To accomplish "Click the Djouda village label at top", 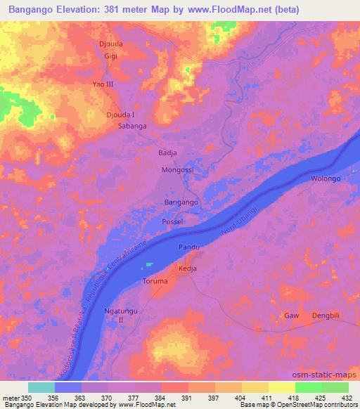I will [x=111, y=42].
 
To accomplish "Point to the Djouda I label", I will [x=120, y=115].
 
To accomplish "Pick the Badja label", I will [x=166, y=152].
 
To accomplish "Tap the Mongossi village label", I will [x=177, y=170].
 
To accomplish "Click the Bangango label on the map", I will [x=181, y=202].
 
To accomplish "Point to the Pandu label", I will [x=189, y=247].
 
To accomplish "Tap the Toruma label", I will [x=155, y=281].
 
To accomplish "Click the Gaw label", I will [x=291, y=316].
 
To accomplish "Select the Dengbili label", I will [x=326, y=316].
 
